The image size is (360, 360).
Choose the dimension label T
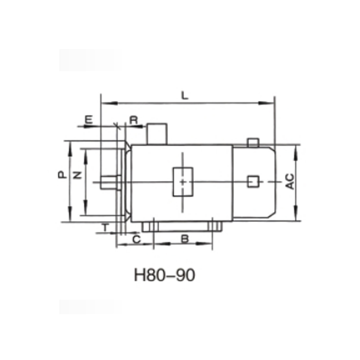tap(104, 228)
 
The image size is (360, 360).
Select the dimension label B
tap(184, 239)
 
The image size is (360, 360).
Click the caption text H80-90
tap(164, 275)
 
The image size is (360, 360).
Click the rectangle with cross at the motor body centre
tap(183, 181)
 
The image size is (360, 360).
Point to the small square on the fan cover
tap(253, 181)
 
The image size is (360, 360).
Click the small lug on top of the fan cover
tap(253, 143)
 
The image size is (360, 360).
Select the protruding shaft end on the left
tap(108, 181)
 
